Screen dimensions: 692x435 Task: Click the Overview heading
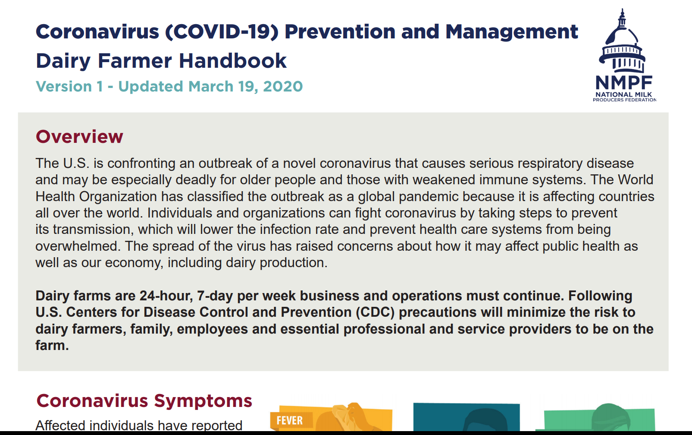click(79, 136)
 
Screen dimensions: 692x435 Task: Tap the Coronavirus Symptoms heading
click(144, 401)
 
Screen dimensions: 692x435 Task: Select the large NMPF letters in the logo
click(624, 82)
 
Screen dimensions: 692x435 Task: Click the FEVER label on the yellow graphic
click(289, 420)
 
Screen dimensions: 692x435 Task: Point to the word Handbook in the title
click(233, 60)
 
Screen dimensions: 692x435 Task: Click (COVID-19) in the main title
click(222, 32)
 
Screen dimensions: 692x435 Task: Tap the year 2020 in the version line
click(283, 86)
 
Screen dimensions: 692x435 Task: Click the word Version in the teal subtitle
click(64, 86)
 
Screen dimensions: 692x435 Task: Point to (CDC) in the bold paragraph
click(375, 312)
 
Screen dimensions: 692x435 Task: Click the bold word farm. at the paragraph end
click(52, 345)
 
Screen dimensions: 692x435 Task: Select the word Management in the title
click(512, 32)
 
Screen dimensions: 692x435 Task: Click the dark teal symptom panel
click(467, 417)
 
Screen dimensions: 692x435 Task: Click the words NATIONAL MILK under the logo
click(624, 95)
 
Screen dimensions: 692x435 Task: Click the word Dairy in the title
click(63, 61)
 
